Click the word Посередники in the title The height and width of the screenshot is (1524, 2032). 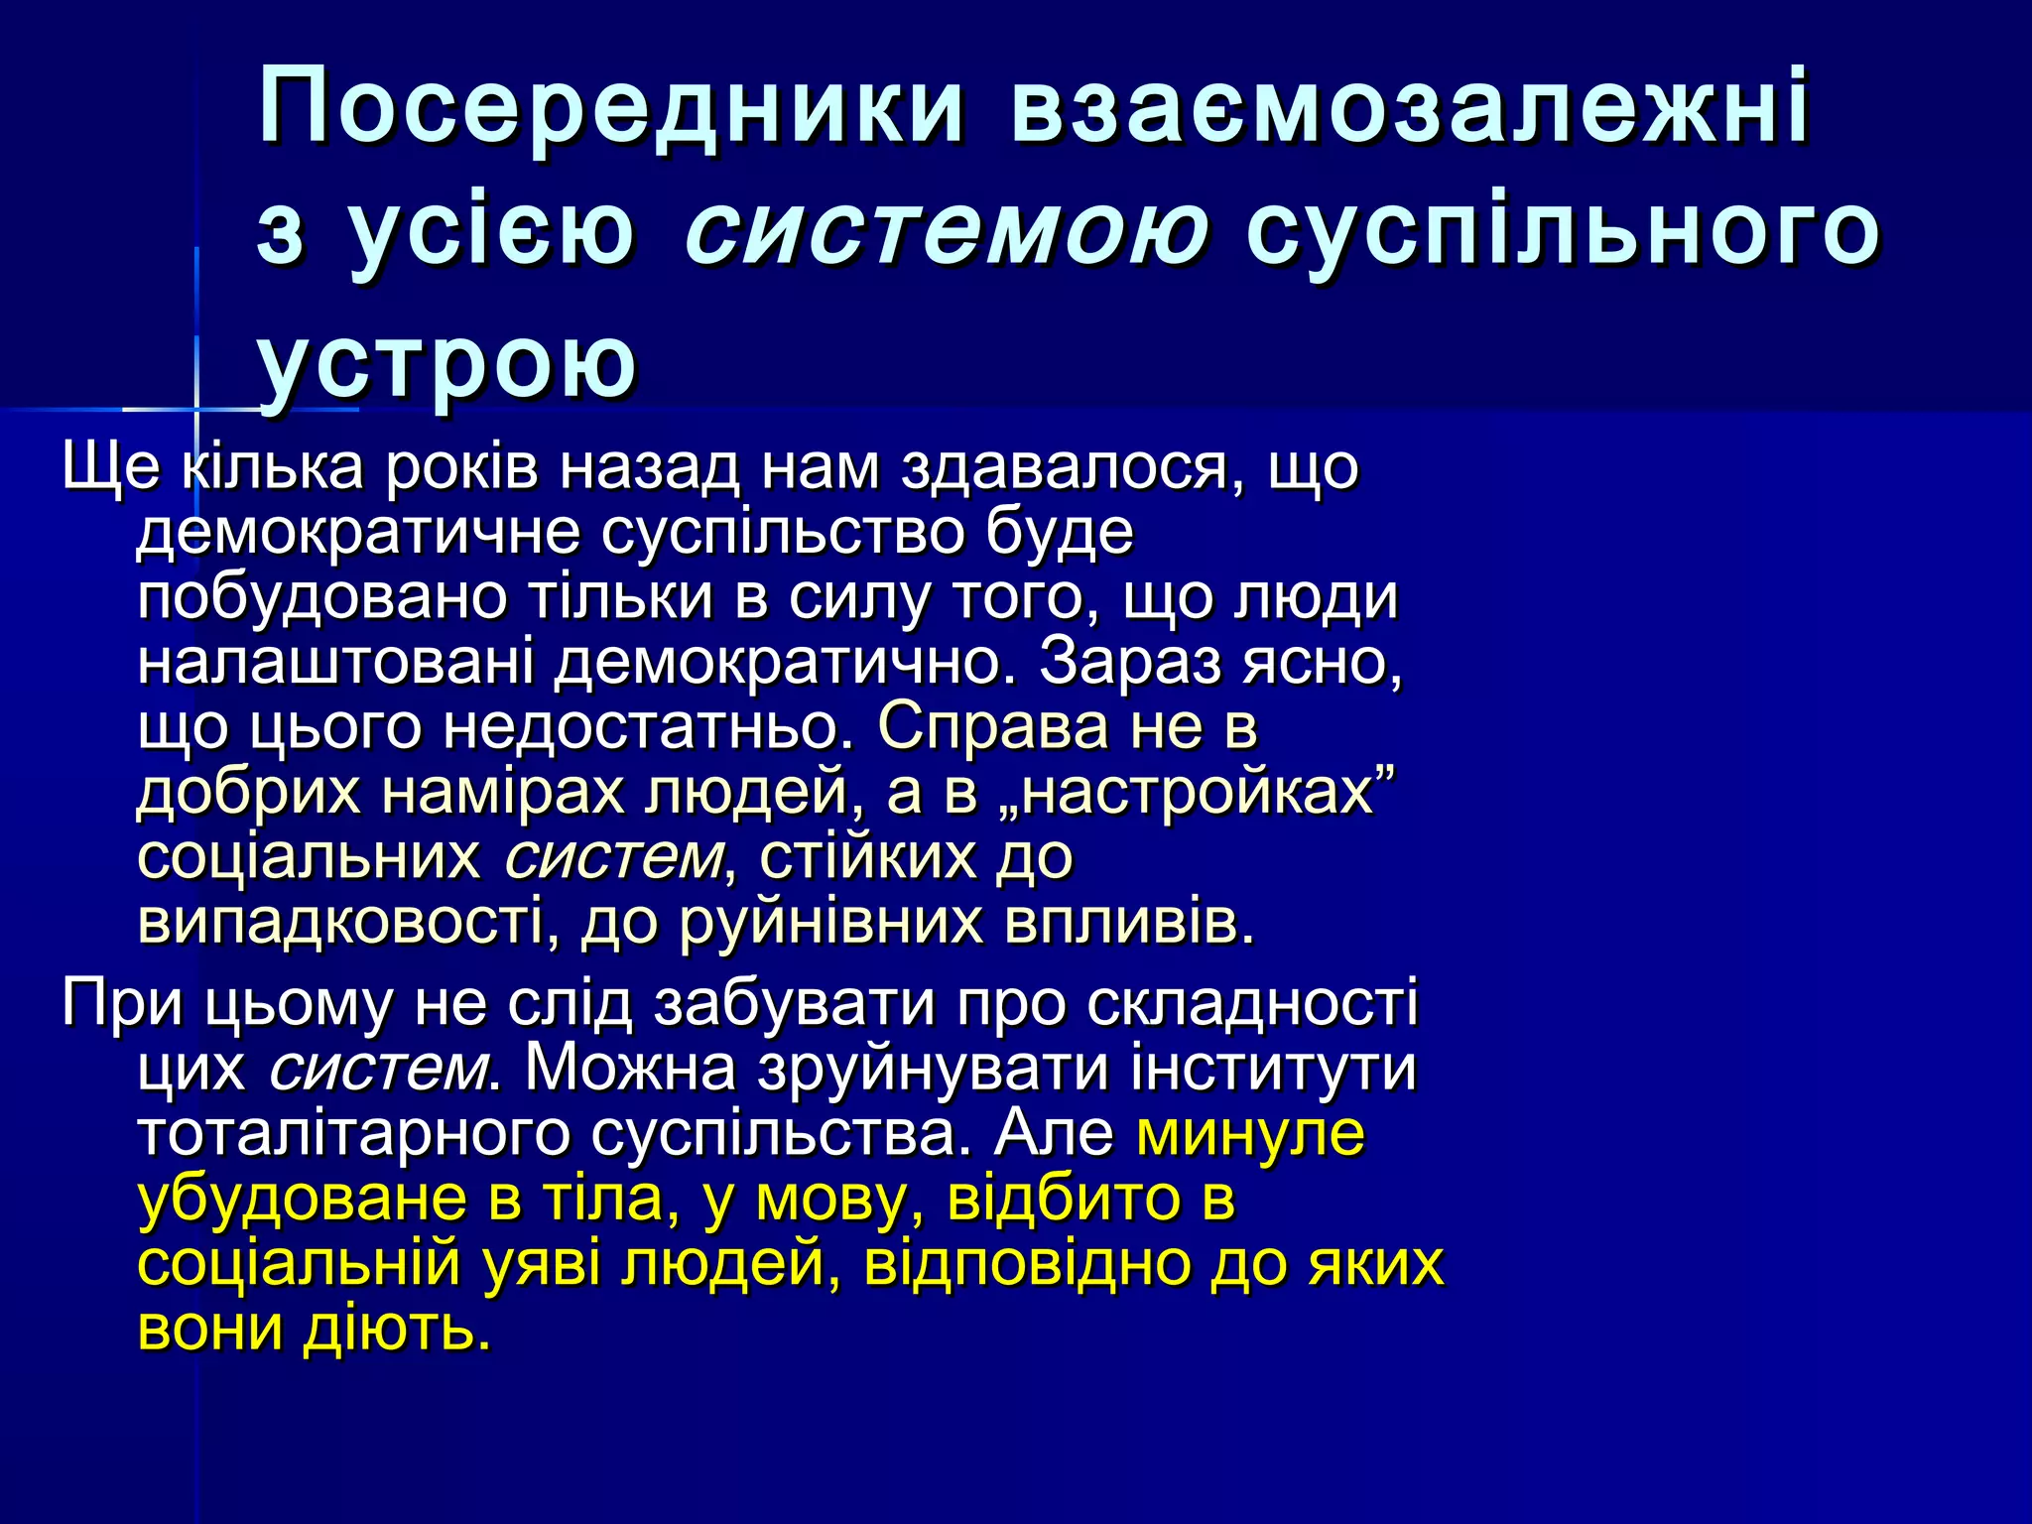pyautogui.click(x=611, y=107)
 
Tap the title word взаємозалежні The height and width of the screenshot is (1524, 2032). pyautogui.click(x=1409, y=107)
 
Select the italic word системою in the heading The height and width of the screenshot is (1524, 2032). pyautogui.click(x=947, y=232)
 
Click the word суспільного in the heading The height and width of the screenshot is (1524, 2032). pyautogui.click(x=1562, y=232)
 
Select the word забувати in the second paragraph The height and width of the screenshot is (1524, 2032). pyautogui.click(x=795, y=1003)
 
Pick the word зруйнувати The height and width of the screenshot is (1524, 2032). pyautogui.click(x=932, y=1069)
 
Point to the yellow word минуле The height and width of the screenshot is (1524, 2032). pyautogui.click(x=1250, y=1133)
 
